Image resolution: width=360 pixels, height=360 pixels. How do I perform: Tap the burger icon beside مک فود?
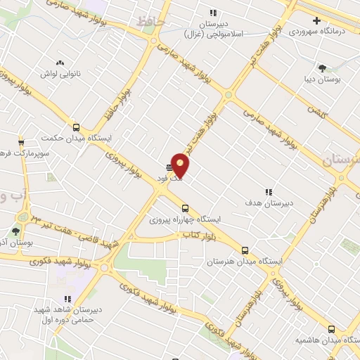tap(169, 167)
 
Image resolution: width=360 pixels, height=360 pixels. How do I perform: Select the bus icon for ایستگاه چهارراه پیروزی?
tap(185, 208)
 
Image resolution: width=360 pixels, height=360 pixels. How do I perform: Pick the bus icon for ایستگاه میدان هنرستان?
tap(245, 250)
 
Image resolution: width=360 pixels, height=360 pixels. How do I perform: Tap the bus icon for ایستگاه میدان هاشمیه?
tap(331, 328)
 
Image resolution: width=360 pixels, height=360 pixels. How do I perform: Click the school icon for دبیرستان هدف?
tap(268, 191)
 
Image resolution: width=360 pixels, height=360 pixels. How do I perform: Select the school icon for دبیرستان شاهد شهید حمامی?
tap(67, 299)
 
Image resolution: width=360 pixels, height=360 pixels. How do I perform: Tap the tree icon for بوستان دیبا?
tap(322, 68)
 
